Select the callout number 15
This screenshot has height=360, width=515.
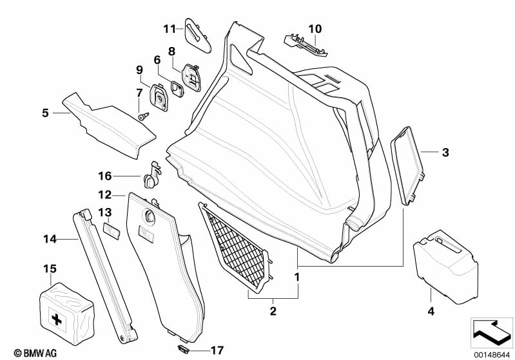[x=50, y=269]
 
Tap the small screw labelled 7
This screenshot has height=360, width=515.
[x=143, y=117]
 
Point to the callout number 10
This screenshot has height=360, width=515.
[x=315, y=29]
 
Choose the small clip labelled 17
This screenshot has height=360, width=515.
[x=183, y=349]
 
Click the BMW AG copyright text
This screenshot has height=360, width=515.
[x=35, y=353]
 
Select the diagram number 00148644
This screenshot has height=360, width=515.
[x=491, y=355]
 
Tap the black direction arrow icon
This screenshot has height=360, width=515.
[x=491, y=332]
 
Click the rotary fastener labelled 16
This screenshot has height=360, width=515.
[x=151, y=176]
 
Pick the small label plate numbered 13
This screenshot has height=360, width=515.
[x=112, y=230]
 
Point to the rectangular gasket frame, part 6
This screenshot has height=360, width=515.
[x=178, y=89]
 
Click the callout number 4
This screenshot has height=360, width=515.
[x=431, y=311]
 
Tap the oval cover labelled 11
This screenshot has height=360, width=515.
[x=198, y=35]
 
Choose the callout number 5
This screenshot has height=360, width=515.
[x=45, y=113]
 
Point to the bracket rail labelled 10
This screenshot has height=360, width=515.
[x=306, y=45]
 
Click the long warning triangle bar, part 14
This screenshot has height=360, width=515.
[x=105, y=276]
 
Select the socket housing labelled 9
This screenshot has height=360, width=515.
[x=159, y=97]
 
